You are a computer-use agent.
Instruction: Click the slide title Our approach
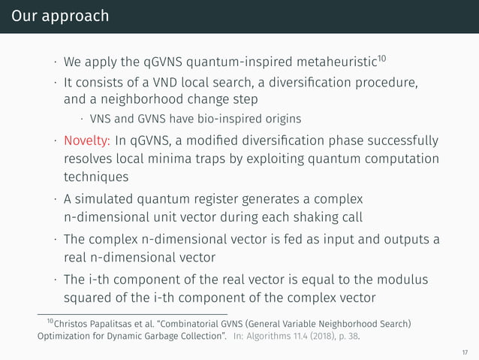point(55,16)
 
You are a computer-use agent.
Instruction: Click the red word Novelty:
point(88,141)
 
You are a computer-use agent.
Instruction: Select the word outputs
point(402,240)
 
